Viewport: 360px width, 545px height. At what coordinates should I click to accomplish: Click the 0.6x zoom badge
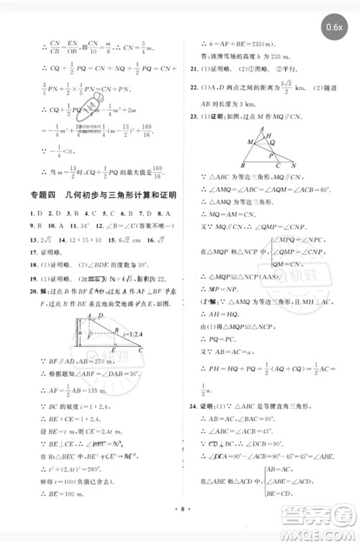(333, 27)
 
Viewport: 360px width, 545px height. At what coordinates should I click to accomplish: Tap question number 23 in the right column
(194, 115)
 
